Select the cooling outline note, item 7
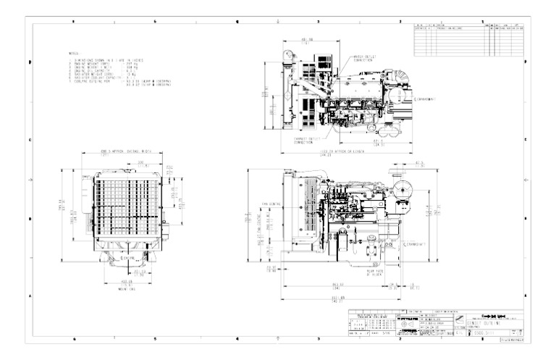click(109, 83)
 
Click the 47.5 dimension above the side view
click(419, 164)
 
